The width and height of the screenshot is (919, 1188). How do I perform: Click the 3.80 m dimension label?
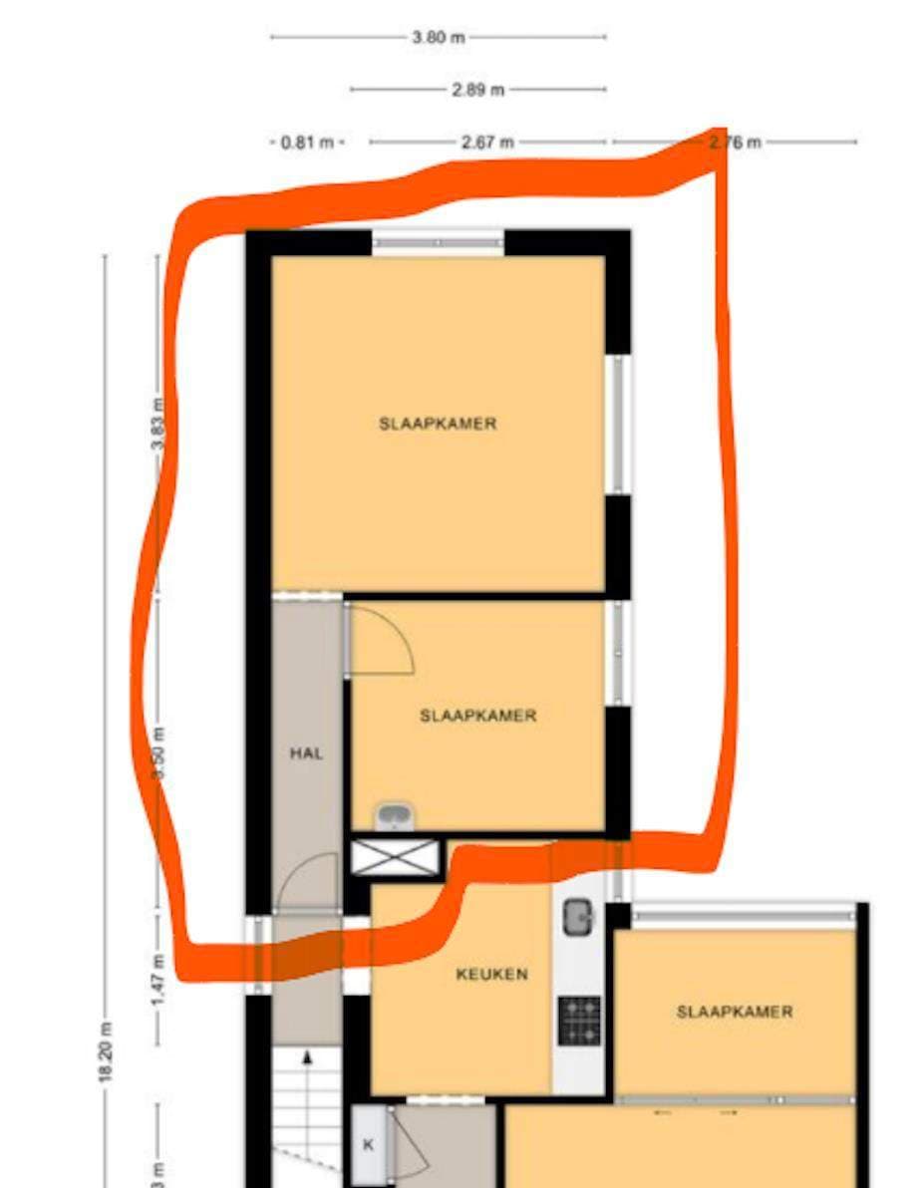click(x=439, y=38)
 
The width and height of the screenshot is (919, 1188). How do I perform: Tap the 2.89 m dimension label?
click(x=478, y=90)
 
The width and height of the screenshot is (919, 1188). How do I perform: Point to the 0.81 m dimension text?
click(x=307, y=143)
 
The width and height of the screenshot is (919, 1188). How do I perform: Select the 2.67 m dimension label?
click(x=487, y=143)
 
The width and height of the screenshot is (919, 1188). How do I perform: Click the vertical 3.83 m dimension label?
click(x=157, y=424)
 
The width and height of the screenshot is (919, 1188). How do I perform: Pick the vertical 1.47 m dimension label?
click(x=157, y=980)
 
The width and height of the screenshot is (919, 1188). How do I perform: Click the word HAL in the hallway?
click(x=306, y=754)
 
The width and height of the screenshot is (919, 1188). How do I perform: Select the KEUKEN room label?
click(x=491, y=975)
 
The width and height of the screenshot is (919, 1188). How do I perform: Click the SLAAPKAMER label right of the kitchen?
click(x=735, y=1012)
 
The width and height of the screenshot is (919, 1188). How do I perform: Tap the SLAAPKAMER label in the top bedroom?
click(x=438, y=424)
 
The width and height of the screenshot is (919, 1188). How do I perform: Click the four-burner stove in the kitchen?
click(x=579, y=1020)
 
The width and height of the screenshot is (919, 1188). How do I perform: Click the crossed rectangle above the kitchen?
click(x=396, y=858)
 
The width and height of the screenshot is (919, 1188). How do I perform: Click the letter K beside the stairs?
click(x=368, y=1145)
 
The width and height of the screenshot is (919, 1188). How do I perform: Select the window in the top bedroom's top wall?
click(x=439, y=242)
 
